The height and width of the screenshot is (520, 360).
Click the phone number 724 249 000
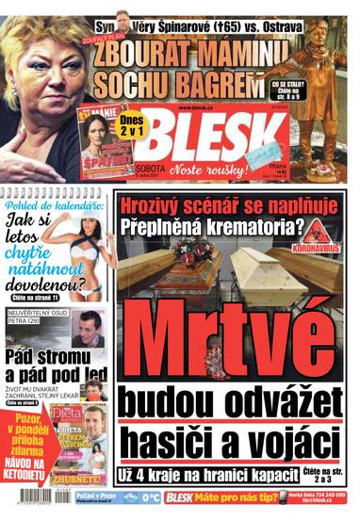click(x=326, y=494)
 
